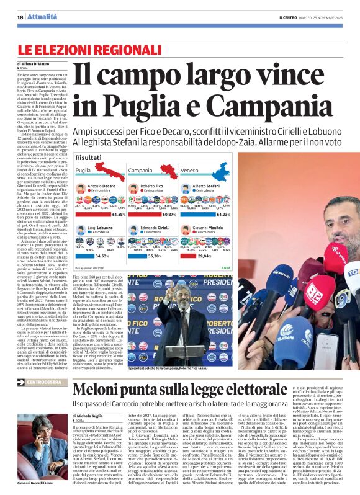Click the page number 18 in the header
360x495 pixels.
pyautogui.click(x=20, y=17)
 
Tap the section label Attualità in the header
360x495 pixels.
pyautogui.click(x=41, y=17)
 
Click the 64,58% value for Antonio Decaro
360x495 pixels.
pyautogui.click(x=118, y=214)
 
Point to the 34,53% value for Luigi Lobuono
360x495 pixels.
pyautogui.click(x=101, y=255)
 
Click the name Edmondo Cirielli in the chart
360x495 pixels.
pyautogui.click(x=154, y=227)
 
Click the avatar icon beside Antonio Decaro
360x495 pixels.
pyautogui.click(x=81, y=187)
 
